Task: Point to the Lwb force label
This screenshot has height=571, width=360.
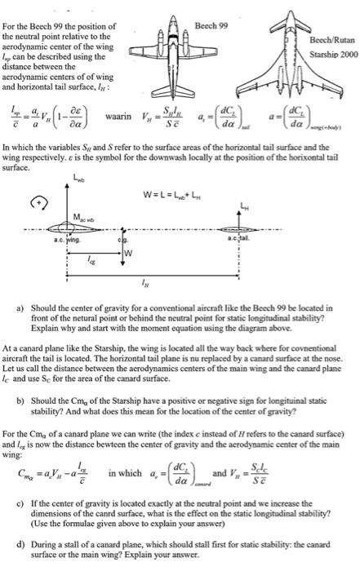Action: click(80, 178)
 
